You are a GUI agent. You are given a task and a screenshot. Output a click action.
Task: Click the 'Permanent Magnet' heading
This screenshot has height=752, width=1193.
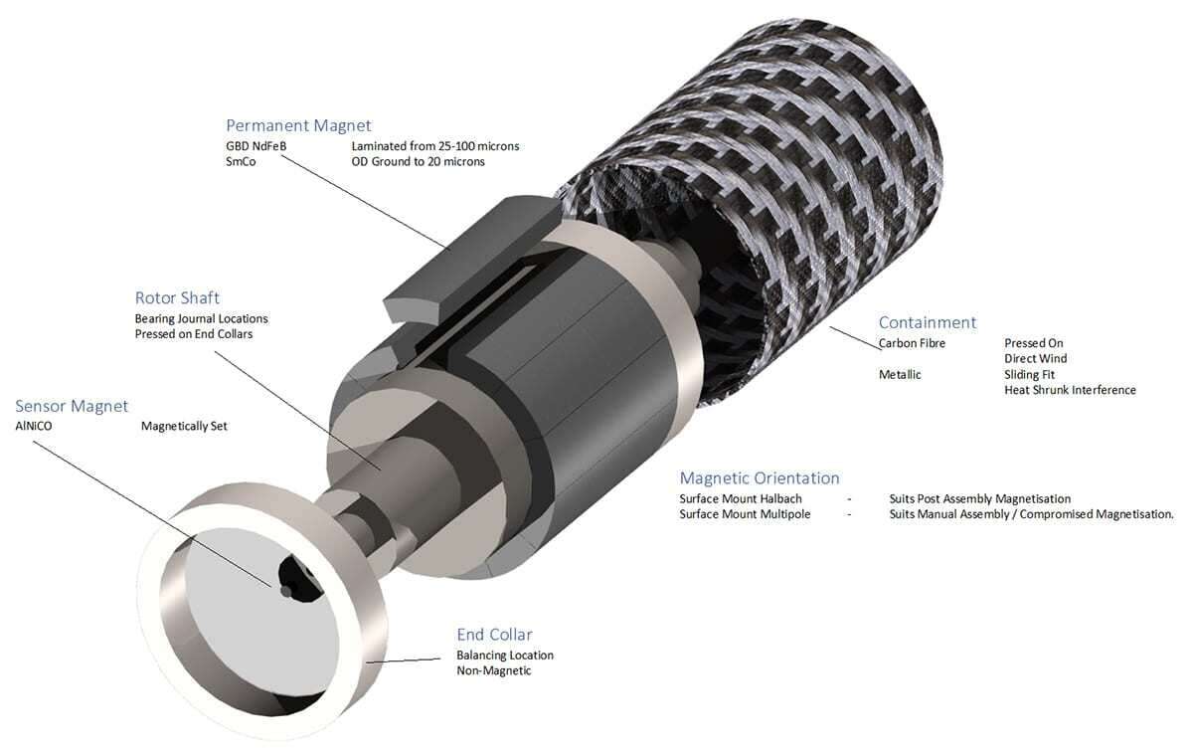tap(298, 125)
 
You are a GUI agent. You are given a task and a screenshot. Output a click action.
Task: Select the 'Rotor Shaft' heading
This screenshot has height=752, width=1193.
tap(177, 297)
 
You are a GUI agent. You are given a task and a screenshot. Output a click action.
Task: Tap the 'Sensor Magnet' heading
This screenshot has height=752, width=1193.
tap(72, 406)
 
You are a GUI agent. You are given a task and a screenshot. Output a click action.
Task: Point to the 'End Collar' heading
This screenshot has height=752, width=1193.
tap(494, 634)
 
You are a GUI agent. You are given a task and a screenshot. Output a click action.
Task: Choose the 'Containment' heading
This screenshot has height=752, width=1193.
tap(927, 322)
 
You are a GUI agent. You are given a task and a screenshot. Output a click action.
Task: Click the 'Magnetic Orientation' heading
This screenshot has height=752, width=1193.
tap(760, 477)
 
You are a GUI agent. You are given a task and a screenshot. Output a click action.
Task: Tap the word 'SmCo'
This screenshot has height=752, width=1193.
tap(241, 161)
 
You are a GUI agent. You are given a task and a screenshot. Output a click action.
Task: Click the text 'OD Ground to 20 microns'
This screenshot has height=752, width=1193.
tap(418, 161)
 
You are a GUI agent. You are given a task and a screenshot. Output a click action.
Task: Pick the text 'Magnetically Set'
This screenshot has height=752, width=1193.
tap(186, 426)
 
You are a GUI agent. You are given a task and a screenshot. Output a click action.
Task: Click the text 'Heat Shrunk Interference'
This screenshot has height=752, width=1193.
tap(1070, 390)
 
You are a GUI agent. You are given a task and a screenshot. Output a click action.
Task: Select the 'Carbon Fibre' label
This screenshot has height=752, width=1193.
tap(912, 343)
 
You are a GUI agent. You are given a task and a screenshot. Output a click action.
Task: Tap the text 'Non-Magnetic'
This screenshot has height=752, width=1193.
tap(494, 670)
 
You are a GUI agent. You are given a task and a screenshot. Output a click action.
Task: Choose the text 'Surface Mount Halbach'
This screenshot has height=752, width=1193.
tap(740, 498)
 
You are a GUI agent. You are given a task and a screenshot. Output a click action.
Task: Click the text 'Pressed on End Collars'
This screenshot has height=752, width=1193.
tap(194, 333)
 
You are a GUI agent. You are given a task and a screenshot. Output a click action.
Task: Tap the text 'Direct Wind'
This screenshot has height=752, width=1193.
tap(1035, 358)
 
